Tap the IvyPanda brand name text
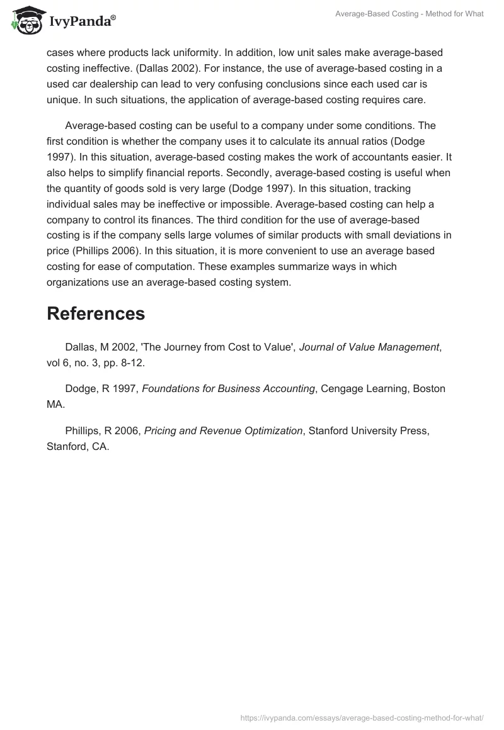click(82, 22)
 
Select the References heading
click(96, 313)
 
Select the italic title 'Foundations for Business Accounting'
click(229, 388)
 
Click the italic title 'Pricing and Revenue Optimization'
click(224, 430)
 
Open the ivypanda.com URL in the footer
click(362, 717)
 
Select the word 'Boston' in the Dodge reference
click(429, 388)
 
